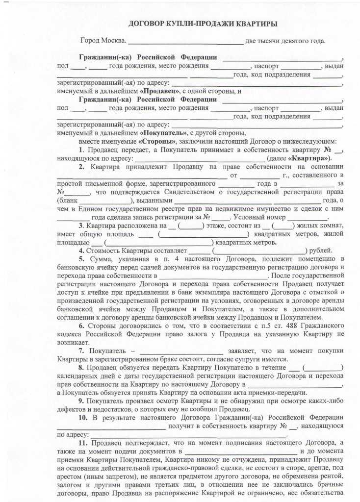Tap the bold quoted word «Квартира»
pos(309,158)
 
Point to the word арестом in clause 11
pos(69,477)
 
